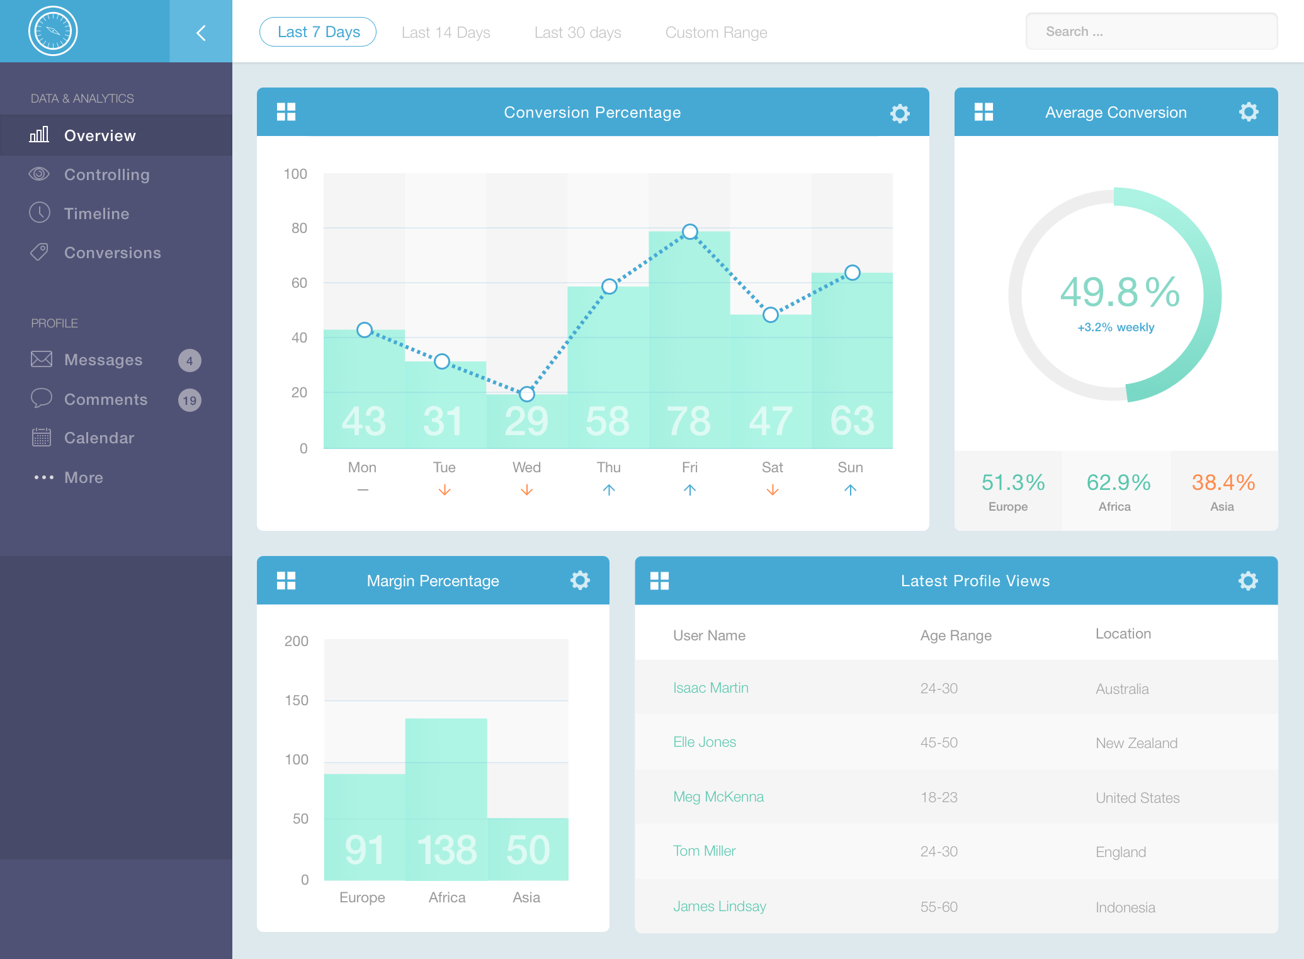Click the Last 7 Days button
[318, 32]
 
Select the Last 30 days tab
[577, 33]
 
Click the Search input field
[1151, 31]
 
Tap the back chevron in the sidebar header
[201, 33]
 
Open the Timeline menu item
[96, 213]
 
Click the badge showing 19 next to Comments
[190, 400]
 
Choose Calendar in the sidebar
[99, 438]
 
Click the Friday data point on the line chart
[690, 232]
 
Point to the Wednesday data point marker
[527, 394]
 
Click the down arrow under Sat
[773, 490]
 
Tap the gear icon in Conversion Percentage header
[900, 113]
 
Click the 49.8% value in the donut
[1120, 292]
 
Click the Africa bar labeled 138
[446, 799]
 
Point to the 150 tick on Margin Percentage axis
[297, 700]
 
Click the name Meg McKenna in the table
[718, 797]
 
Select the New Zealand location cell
[1137, 743]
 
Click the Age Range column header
[956, 636]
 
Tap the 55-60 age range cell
[939, 907]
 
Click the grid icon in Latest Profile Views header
[659, 581]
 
